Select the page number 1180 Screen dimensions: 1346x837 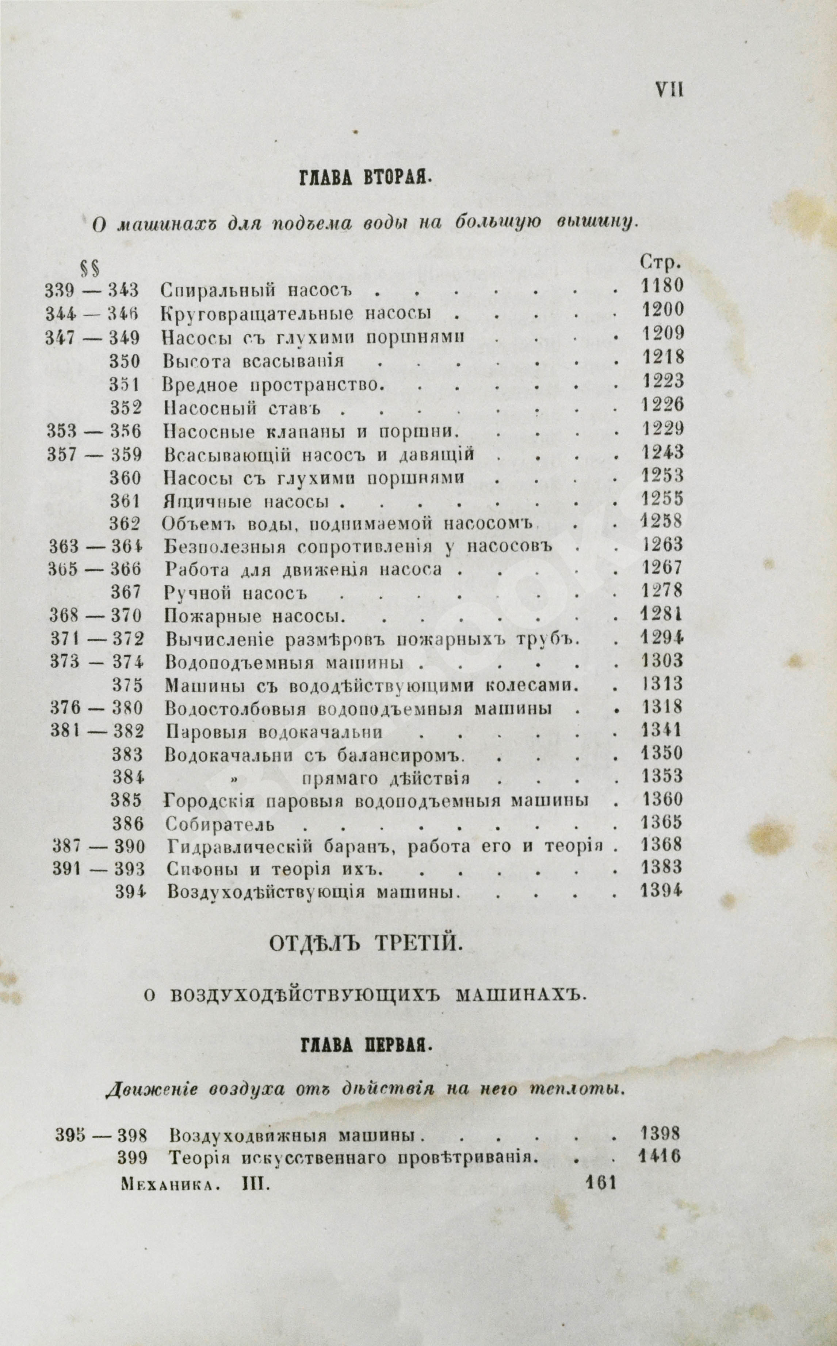pos(662,286)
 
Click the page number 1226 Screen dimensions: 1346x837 pos(662,405)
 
